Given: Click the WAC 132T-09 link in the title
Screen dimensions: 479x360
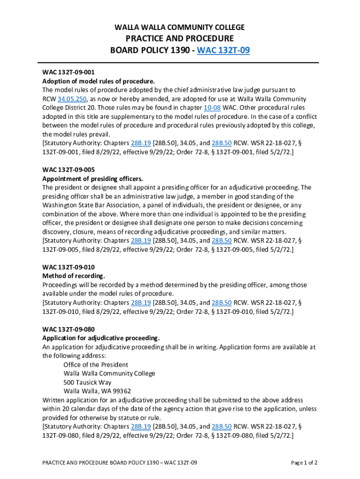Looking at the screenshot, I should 223,50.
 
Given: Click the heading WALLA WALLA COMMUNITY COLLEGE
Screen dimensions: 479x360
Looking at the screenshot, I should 180,28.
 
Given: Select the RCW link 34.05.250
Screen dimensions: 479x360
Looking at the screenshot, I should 72,99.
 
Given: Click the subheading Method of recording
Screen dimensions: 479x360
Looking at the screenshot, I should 74,276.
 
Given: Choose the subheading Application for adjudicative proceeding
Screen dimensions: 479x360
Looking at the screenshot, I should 101,338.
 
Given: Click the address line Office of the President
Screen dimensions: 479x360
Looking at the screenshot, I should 96,365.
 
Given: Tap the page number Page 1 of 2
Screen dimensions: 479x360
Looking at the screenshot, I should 304,463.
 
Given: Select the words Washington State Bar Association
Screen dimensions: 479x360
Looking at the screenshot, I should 88,205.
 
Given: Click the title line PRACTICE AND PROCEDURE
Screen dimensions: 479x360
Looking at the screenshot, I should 180,38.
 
